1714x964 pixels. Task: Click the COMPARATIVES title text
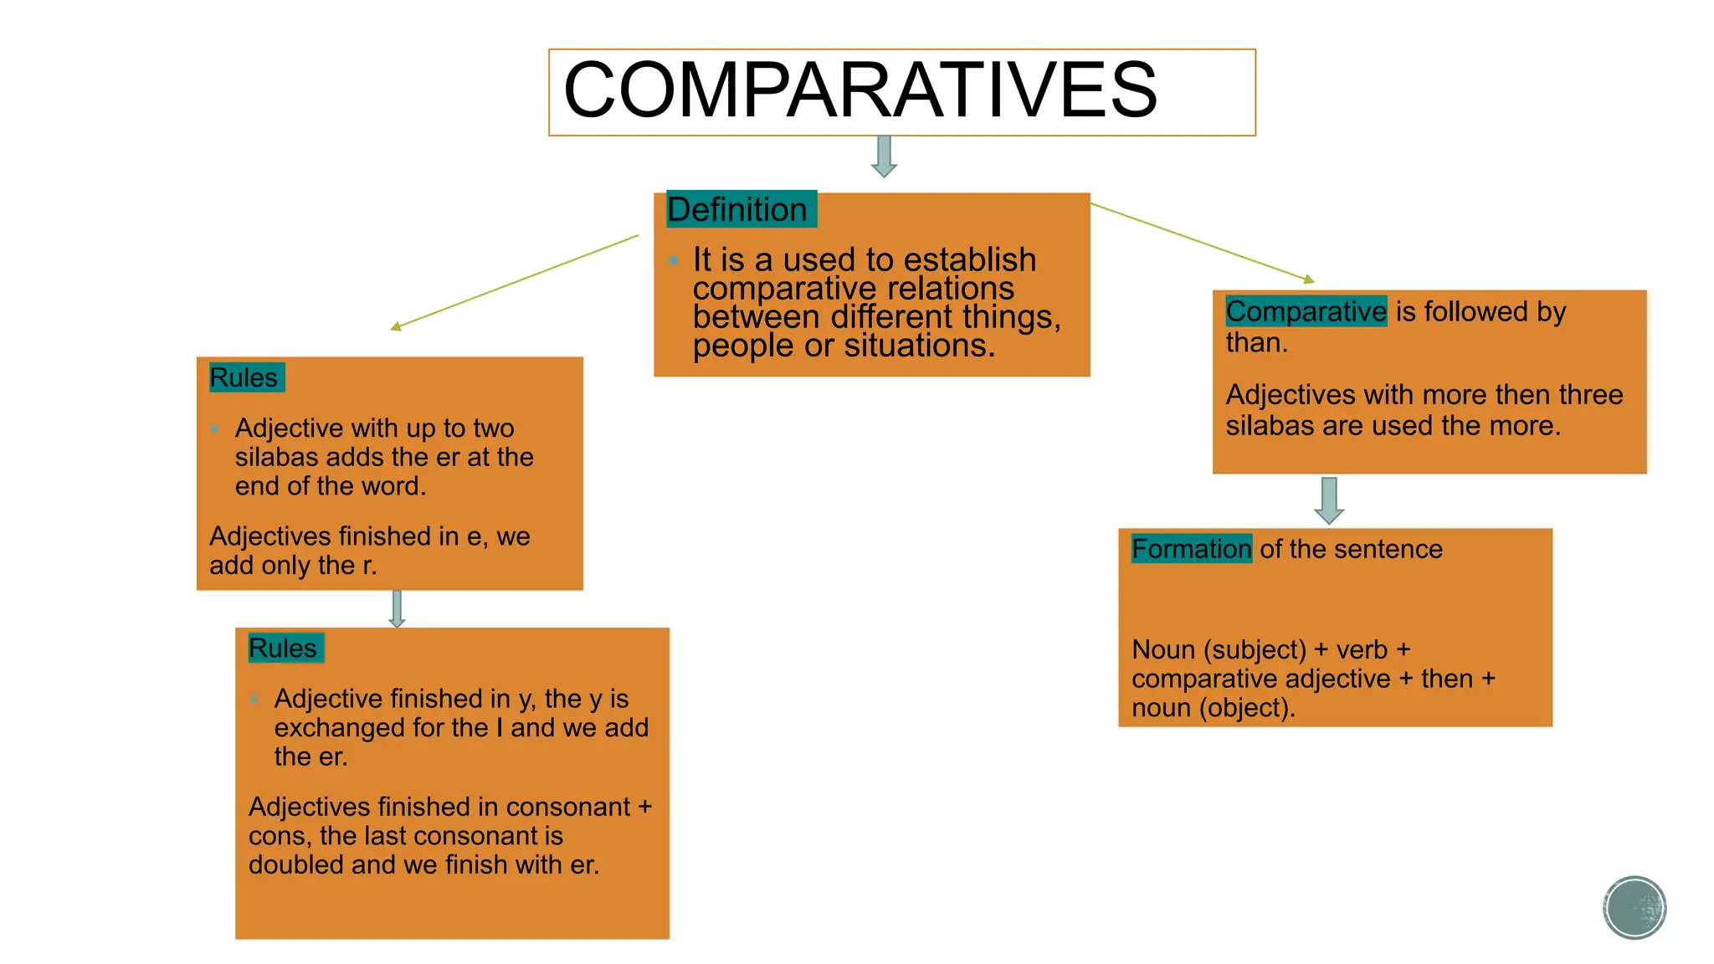point(860,90)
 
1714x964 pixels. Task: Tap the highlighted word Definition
point(737,209)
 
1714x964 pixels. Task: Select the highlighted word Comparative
point(1306,311)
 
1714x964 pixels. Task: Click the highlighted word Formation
point(1191,549)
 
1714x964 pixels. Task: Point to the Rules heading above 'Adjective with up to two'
point(244,377)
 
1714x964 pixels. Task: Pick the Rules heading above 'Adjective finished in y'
point(283,648)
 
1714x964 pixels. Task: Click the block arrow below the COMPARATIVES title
point(884,156)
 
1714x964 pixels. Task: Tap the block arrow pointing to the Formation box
point(1329,500)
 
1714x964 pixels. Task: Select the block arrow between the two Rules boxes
point(397,608)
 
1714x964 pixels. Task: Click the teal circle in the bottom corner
point(1634,907)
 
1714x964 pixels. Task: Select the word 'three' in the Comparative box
point(1588,394)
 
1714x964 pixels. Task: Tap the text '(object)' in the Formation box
point(1246,708)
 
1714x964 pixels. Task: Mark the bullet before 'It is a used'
point(673,260)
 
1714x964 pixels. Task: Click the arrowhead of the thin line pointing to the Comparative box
point(1310,280)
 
